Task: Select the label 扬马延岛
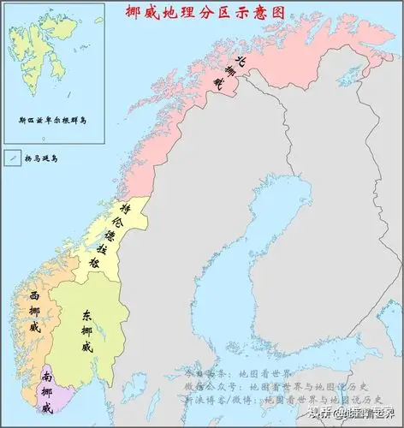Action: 43,158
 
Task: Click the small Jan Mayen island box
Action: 12,158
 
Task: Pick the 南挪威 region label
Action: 46,389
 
